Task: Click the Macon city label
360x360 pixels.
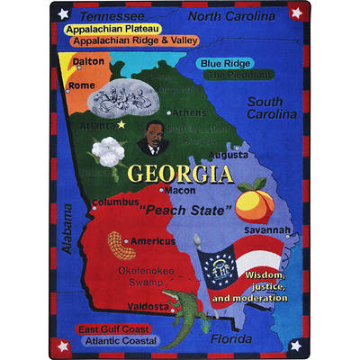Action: click(x=180, y=191)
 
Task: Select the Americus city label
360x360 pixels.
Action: click(x=152, y=241)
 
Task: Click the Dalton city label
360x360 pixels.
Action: click(x=88, y=61)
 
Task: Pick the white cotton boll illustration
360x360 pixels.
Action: click(x=102, y=152)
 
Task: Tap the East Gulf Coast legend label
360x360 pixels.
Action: click(x=112, y=329)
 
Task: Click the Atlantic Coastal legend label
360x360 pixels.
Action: click(x=115, y=341)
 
